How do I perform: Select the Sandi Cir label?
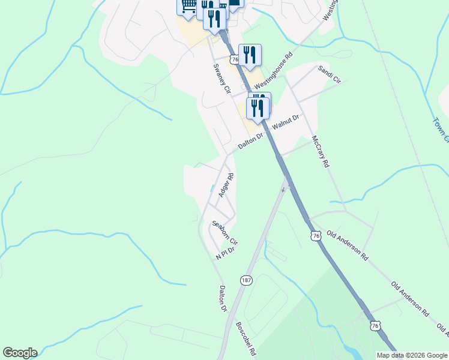click(x=330, y=74)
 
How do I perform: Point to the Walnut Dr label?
click(x=285, y=123)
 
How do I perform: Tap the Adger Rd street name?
click(x=226, y=184)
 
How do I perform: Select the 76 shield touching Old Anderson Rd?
click(x=316, y=236)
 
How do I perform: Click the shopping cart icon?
click(x=187, y=6)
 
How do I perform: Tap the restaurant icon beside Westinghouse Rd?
click(x=250, y=55)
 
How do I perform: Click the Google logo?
click(x=20, y=353)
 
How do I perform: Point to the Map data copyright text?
click(x=412, y=355)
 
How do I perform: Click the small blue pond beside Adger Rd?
click(x=211, y=189)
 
